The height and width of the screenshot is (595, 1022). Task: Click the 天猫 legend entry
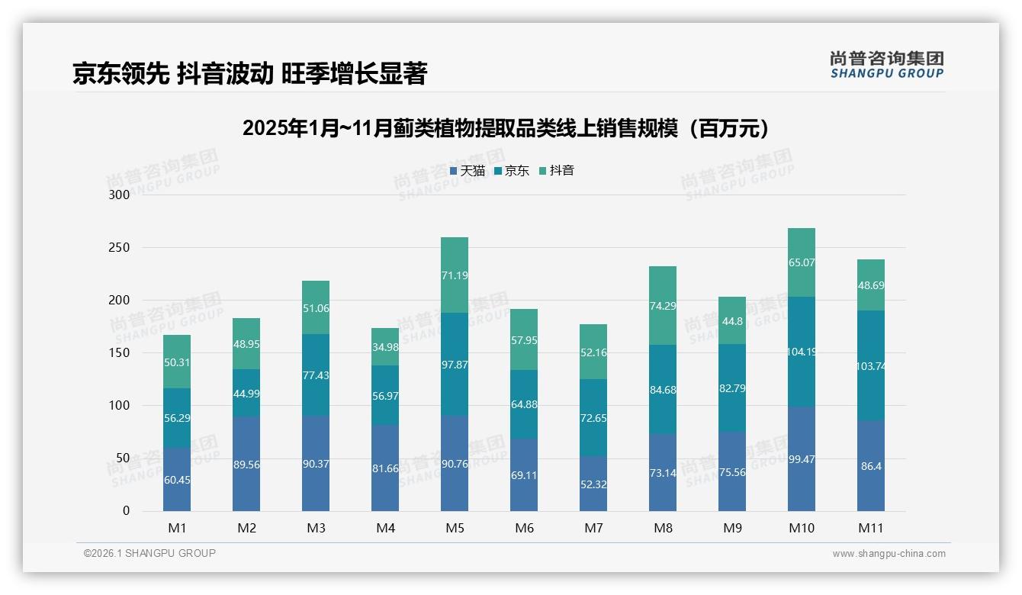pos(468,171)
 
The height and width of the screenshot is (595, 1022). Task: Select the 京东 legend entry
pos(512,171)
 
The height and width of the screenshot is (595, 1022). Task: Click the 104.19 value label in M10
pos(802,352)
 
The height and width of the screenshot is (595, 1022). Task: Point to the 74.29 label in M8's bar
pos(663,306)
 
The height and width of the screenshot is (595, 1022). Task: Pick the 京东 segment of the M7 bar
pos(593,418)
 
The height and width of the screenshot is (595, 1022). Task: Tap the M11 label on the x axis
pos(870,528)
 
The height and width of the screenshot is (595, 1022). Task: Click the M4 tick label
pos(385,528)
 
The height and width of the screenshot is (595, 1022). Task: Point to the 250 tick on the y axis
pos(120,248)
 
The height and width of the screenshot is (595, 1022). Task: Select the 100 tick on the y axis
pos(120,406)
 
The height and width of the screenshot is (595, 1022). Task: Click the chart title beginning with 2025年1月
pos(505,128)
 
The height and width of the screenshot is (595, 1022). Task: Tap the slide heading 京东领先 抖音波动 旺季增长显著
pos(249,74)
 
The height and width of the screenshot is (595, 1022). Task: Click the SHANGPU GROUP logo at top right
pos(886,65)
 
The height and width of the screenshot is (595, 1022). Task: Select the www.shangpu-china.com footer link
pos(889,554)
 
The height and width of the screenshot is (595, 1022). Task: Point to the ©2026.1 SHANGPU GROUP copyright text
pos(149,553)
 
